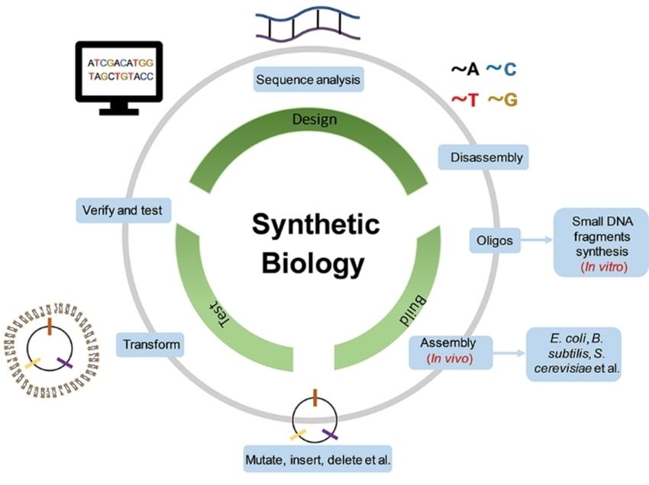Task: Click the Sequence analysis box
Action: click(308, 79)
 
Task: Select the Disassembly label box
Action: click(483, 157)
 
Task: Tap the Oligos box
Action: click(495, 240)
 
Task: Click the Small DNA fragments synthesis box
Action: click(602, 242)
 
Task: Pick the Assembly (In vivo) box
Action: click(450, 352)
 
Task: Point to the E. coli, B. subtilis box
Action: click(574, 355)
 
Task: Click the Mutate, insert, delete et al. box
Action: click(318, 459)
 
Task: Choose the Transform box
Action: click(150, 345)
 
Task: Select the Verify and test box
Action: click(124, 210)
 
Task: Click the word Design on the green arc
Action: click(315, 120)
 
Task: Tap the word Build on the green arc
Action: click(412, 311)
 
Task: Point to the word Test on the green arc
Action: click(219, 313)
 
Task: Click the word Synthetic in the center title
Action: click(316, 224)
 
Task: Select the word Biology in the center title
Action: click(313, 263)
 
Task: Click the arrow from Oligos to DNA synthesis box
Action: click(537, 239)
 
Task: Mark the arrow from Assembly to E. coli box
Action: click(509, 353)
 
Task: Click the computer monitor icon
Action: click(119, 78)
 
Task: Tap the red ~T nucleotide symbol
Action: click(465, 100)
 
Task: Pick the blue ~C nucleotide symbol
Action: click(501, 69)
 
